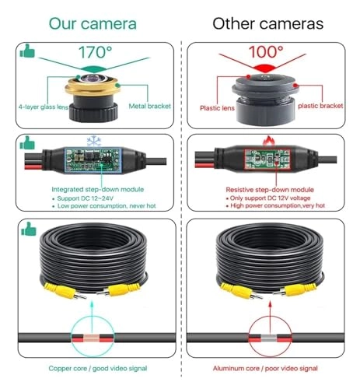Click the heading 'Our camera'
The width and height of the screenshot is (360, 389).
(x=93, y=23)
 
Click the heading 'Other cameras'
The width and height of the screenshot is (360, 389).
(x=268, y=23)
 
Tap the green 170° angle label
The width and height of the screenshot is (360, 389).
(x=96, y=52)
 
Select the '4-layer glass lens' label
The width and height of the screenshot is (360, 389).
(x=44, y=107)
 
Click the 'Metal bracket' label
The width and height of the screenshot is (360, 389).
(x=150, y=106)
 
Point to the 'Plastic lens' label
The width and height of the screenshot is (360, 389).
(x=217, y=108)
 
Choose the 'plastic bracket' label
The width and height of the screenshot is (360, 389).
(x=320, y=106)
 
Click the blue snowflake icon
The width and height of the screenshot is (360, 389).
(x=93, y=142)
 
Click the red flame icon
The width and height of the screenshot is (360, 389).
(x=269, y=141)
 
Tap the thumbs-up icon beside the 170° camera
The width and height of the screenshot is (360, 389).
(x=27, y=51)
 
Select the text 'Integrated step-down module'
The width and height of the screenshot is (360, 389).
(x=98, y=189)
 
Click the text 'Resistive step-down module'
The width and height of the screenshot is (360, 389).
(x=270, y=190)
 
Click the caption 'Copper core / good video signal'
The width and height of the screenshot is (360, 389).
(x=98, y=369)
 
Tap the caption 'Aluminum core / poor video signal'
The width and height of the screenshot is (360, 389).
(x=265, y=369)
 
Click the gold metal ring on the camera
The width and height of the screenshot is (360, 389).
(x=92, y=87)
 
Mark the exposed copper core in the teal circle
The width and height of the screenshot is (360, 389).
(x=91, y=338)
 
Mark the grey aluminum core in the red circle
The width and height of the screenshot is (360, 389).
(x=269, y=338)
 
